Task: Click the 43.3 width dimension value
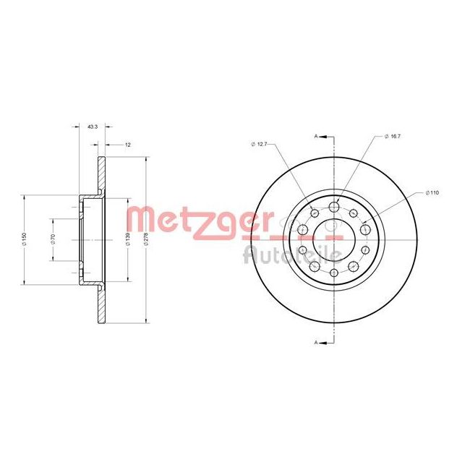pyautogui.click(x=92, y=127)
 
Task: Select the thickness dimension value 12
pyautogui.click(x=128, y=145)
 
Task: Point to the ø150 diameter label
pyautogui.click(x=25, y=239)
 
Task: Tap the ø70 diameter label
pyautogui.click(x=54, y=239)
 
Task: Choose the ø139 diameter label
pyautogui.click(x=128, y=239)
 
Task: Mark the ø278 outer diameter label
pyautogui.click(x=147, y=239)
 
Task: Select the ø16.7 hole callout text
pyautogui.click(x=392, y=136)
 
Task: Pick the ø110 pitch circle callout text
pyautogui.click(x=432, y=193)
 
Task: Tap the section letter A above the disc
pyautogui.click(x=316, y=136)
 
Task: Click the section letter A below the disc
pyautogui.click(x=316, y=342)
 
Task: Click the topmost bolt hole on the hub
pyautogui.click(x=334, y=208)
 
